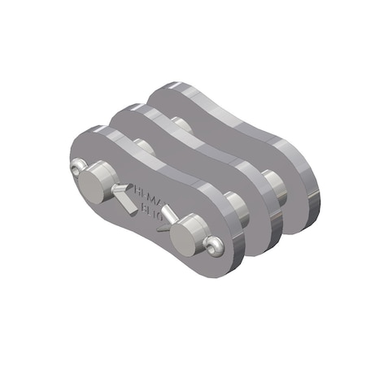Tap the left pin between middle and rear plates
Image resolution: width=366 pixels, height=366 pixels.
(x=181, y=126)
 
